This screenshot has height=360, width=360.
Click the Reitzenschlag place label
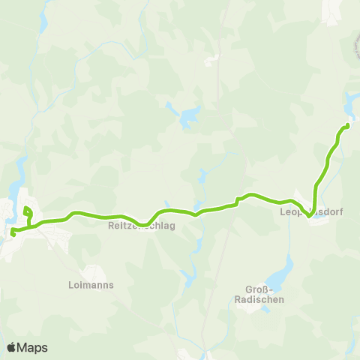(142, 225)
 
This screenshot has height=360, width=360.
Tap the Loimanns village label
(90, 286)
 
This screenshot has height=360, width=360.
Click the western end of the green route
(13, 235)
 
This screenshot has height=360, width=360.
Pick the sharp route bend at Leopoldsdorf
(309, 217)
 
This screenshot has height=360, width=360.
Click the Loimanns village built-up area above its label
(92, 272)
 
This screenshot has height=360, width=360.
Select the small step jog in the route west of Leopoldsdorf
(237, 200)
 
